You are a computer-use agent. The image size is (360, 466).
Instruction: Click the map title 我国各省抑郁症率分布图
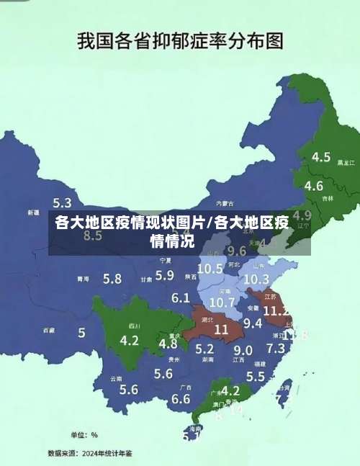pyautogui.click(x=179, y=40)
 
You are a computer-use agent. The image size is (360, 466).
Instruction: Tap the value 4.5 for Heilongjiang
pyautogui.click(x=320, y=156)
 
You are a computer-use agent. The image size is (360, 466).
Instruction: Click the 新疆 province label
pyautogui.click(x=33, y=213)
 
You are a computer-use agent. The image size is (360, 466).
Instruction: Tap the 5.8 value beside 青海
pyautogui.click(x=112, y=279)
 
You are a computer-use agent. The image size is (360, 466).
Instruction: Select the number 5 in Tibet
pyautogui.click(x=81, y=333)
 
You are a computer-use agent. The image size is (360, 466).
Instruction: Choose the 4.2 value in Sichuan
pyautogui.click(x=130, y=340)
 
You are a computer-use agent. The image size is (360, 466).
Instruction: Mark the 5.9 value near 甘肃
pyautogui.click(x=165, y=274)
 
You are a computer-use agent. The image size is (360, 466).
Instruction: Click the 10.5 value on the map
pyautogui.click(x=210, y=268)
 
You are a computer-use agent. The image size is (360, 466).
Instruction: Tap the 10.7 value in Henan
pyautogui.click(x=222, y=302)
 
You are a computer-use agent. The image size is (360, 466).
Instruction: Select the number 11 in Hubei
pyautogui.click(x=221, y=329)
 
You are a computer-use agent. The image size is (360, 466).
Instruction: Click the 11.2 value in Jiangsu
pyautogui.click(x=276, y=311)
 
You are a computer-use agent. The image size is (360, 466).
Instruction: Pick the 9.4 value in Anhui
pyautogui.click(x=253, y=323)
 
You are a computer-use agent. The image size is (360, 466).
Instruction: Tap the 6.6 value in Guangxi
pyautogui.click(x=181, y=398)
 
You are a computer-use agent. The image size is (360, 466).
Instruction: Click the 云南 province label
pyautogui.click(x=116, y=378)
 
